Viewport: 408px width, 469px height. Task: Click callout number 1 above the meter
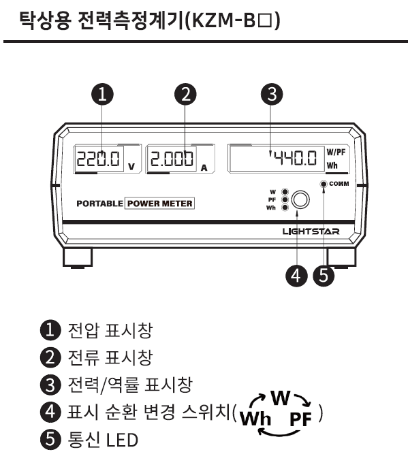tap(102, 94)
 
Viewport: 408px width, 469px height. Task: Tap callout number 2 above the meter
tap(185, 94)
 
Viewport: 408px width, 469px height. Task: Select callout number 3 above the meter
tap(272, 94)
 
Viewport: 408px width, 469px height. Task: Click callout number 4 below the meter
tap(296, 276)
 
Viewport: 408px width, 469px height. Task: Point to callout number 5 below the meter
tap(324, 276)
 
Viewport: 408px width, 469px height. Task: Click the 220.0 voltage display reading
tap(98, 159)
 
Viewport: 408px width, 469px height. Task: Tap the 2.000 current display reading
tap(172, 159)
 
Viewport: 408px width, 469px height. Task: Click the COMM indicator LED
tap(324, 184)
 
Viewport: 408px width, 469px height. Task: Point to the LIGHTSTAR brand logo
tap(311, 231)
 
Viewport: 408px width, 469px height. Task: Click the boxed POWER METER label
tap(159, 204)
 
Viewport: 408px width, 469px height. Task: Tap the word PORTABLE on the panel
tap(99, 204)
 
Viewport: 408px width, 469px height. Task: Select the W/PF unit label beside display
tap(336, 152)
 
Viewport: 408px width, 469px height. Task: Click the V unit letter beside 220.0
tap(131, 167)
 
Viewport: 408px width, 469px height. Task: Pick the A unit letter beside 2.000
tap(204, 168)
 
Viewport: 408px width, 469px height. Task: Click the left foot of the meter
tap(78, 258)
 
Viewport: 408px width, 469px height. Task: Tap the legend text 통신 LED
tap(103, 440)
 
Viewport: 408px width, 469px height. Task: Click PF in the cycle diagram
tap(300, 419)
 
